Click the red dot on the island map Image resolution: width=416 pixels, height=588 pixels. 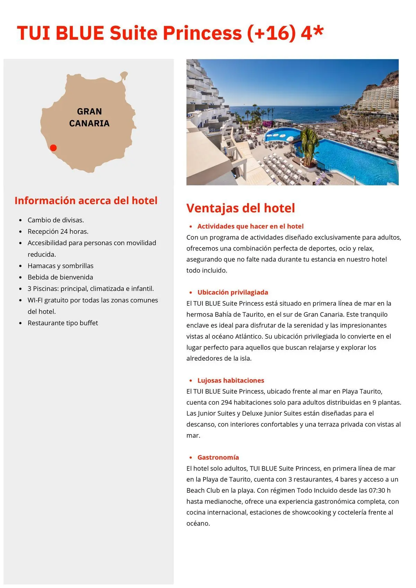(53, 148)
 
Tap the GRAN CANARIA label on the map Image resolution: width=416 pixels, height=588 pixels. (89, 117)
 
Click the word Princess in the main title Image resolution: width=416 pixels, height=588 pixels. (202, 33)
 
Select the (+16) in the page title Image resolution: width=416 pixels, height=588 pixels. (272, 33)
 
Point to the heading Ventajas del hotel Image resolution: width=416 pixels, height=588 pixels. (241, 208)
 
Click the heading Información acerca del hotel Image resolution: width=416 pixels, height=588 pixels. (86, 201)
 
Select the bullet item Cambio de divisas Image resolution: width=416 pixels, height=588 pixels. (56, 220)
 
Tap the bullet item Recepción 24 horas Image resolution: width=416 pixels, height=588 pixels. (58, 231)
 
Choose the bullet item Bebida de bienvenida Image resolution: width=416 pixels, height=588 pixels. (60, 277)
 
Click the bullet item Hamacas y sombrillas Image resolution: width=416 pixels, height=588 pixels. (61, 266)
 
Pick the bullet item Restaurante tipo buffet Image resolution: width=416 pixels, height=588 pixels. (63, 323)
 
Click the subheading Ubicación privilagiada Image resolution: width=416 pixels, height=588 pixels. (233, 292)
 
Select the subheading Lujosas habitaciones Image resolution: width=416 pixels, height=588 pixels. (231, 380)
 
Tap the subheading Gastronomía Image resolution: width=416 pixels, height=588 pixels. (218, 457)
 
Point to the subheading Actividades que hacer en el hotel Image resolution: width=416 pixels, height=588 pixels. (250, 226)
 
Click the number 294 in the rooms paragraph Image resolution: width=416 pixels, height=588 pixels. (226, 403)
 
